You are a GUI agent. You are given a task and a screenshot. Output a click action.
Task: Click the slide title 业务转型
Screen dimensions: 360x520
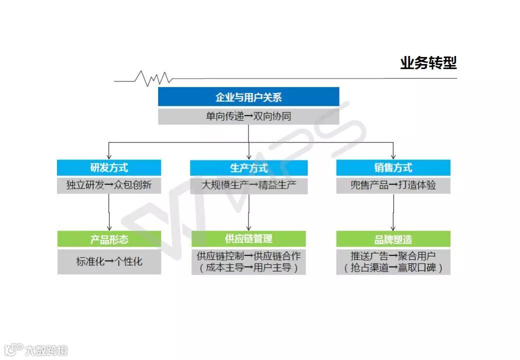click(428, 63)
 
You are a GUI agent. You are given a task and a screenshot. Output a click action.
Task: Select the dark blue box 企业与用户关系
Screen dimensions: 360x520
click(248, 97)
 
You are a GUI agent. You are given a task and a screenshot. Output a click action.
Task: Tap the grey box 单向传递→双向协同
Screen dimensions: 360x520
click(248, 116)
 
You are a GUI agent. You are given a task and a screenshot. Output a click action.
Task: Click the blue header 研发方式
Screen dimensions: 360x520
click(109, 167)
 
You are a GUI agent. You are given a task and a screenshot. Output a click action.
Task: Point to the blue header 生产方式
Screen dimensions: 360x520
click(248, 167)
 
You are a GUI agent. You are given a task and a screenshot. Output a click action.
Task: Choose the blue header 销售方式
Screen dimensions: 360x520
click(393, 167)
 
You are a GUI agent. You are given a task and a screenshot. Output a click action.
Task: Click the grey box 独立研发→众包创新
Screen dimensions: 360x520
click(109, 185)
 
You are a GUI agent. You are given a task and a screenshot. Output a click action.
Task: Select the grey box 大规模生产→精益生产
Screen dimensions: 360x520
click(248, 185)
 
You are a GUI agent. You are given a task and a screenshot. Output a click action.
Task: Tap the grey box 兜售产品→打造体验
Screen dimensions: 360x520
click(393, 185)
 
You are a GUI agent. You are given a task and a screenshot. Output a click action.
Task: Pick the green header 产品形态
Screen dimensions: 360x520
click(109, 239)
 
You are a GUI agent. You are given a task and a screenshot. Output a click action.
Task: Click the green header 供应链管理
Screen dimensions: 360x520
click(248, 239)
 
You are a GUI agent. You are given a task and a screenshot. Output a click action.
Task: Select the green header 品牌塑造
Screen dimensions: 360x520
click(393, 239)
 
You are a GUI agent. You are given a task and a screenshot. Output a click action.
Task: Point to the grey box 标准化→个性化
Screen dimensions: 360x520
click(109, 261)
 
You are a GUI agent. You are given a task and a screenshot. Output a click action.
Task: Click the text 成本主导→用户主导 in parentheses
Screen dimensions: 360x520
click(248, 268)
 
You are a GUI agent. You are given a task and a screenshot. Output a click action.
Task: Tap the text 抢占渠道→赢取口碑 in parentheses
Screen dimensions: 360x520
click(393, 268)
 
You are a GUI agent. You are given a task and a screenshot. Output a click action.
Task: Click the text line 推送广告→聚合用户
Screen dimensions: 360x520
click(393, 256)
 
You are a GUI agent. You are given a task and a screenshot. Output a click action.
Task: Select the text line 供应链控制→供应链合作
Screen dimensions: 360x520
click(248, 256)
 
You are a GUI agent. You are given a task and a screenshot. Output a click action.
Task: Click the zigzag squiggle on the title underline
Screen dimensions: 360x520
click(153, 78)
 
